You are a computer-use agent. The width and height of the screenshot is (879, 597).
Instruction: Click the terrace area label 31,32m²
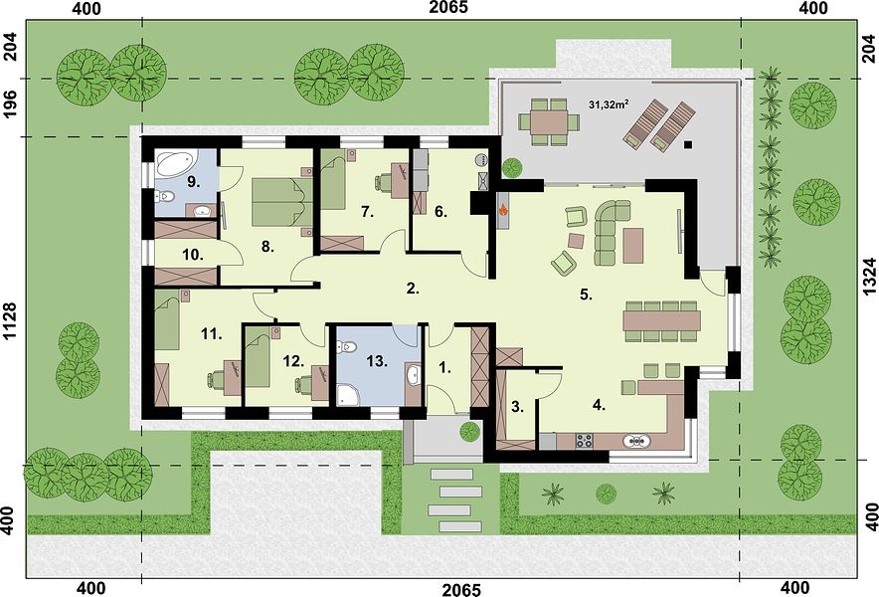609,104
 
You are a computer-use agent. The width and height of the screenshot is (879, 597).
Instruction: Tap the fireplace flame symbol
504,210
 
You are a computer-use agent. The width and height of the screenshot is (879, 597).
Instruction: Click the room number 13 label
377,361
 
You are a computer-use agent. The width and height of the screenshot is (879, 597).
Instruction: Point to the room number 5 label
586,295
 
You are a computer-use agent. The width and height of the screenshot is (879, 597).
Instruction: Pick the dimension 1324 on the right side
868,276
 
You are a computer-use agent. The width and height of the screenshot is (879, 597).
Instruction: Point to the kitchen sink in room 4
637,442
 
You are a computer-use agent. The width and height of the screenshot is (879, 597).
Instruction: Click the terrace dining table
549,121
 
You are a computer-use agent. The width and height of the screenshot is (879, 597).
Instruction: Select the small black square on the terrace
688,144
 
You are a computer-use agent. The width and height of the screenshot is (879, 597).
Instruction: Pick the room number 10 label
192,255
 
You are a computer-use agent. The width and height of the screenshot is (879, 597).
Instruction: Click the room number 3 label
517,407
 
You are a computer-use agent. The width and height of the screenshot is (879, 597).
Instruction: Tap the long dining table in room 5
661,321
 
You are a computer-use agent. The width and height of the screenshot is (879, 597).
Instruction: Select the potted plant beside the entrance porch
469,432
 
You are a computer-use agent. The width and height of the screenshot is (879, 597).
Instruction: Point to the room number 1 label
444,368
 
